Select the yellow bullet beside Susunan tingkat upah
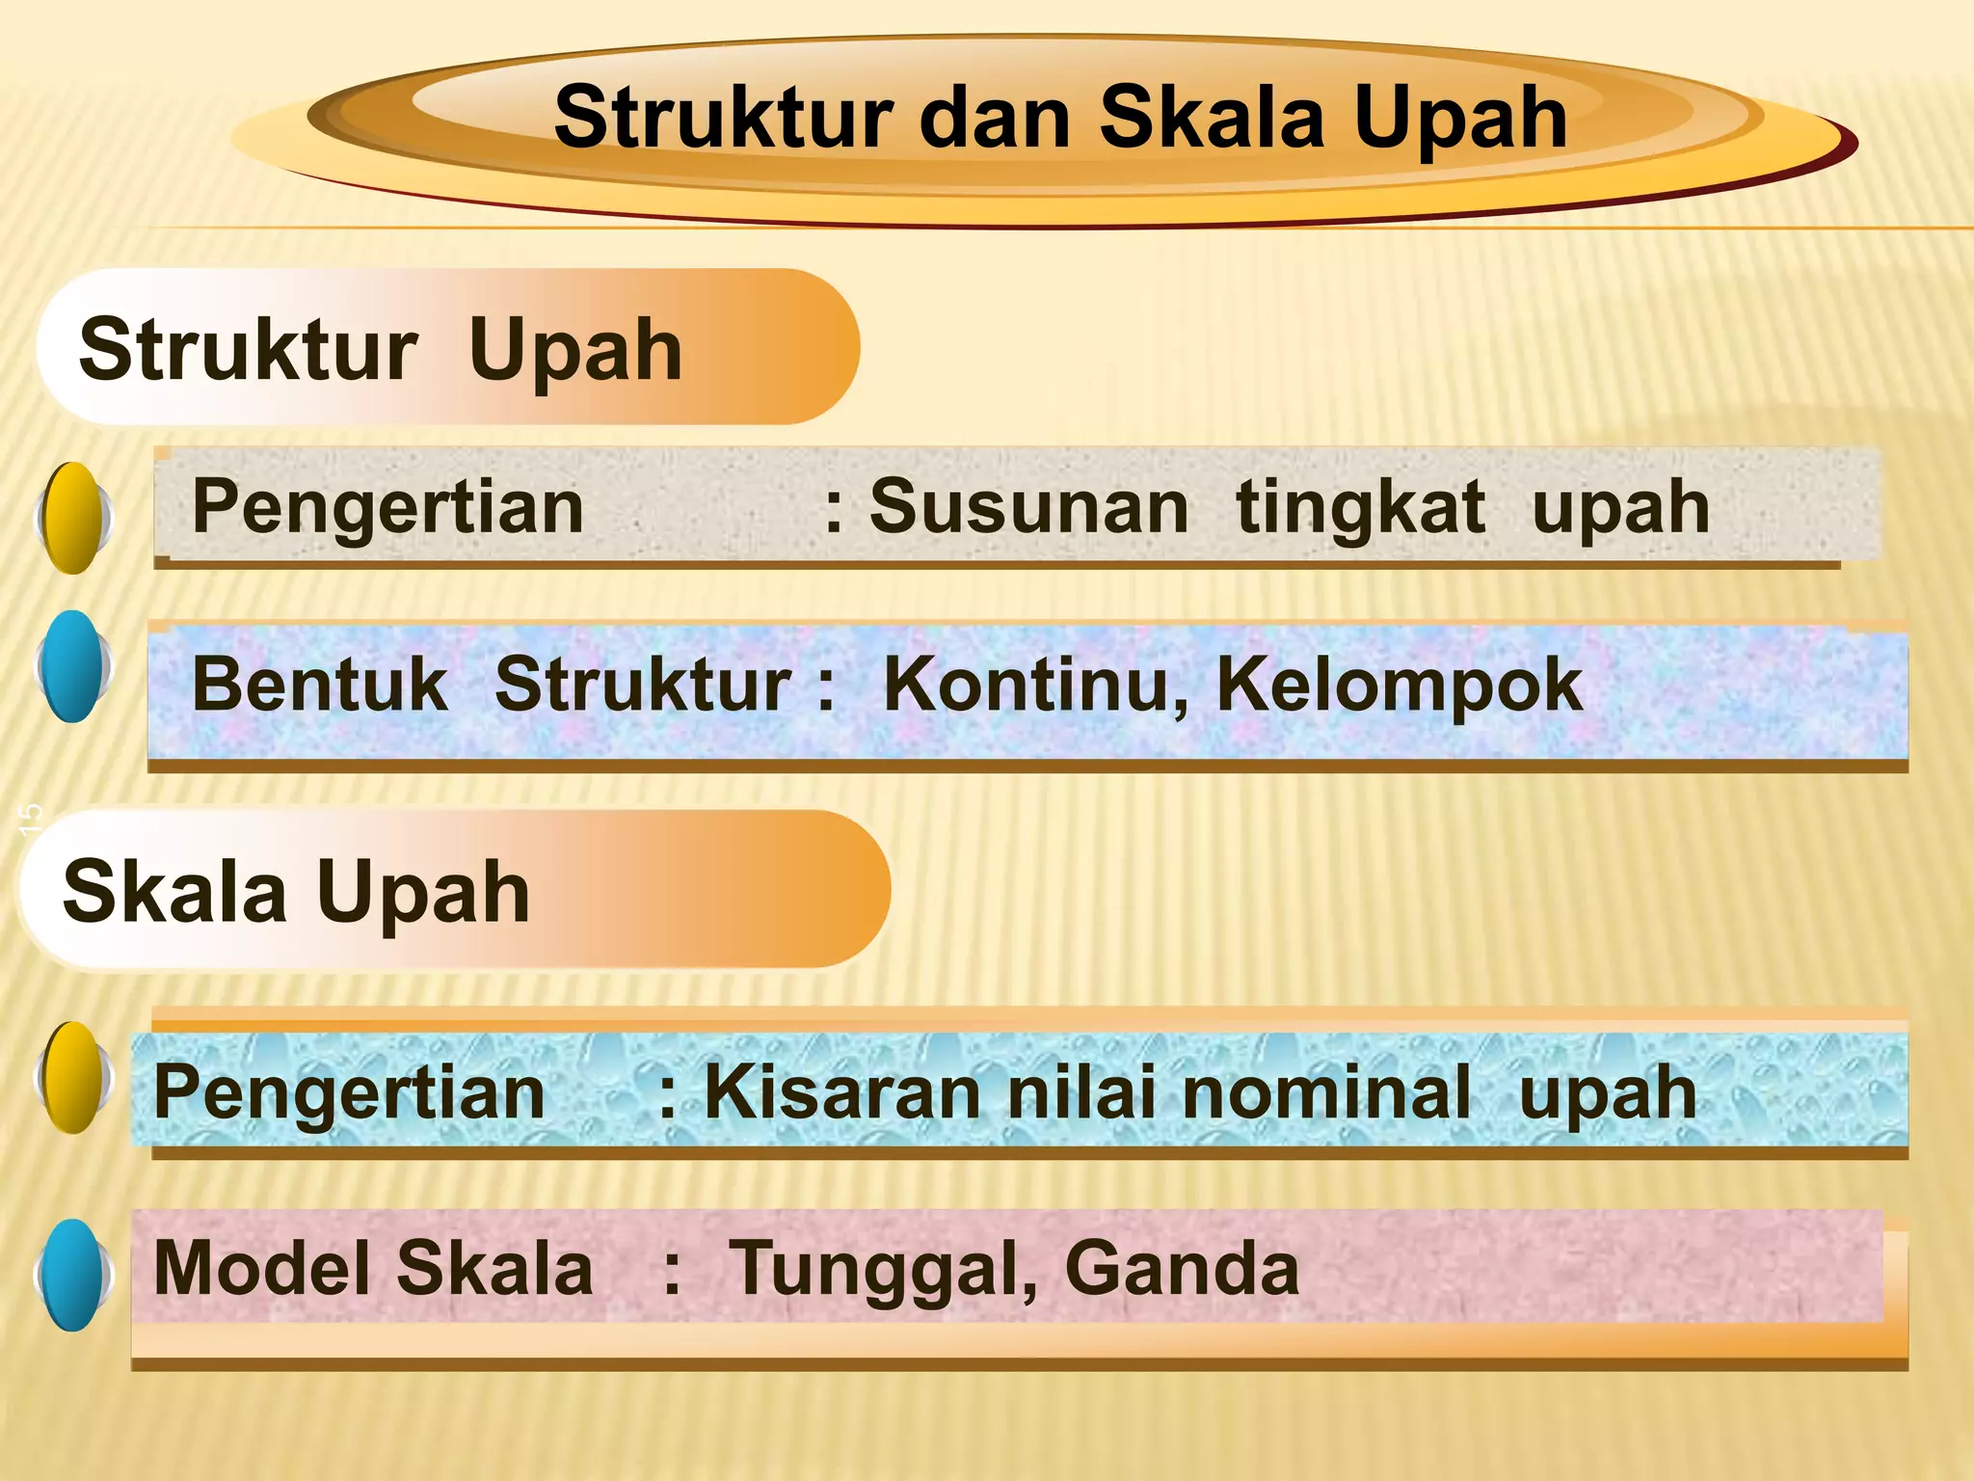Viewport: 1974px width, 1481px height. pos(73,518)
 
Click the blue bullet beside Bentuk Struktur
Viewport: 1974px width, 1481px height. pos(73,666)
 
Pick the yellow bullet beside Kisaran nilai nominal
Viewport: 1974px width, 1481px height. pos(73,1077)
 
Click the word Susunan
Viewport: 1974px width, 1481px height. pos(1028,507)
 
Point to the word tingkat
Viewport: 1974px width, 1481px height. pos(1360,507)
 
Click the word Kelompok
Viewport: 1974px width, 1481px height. pos(1400,685)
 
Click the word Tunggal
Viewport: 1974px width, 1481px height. pos(883,1269)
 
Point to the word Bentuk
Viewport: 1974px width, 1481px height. pos(320,685)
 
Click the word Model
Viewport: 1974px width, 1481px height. pos(261,1269)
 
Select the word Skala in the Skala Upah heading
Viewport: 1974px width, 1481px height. pos(174,892)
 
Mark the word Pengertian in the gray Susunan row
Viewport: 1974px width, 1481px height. pos(387,507)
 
